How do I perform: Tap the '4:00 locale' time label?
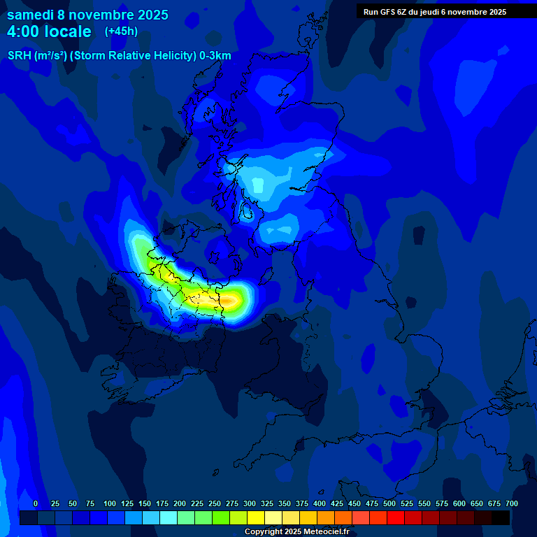pyautogui.click(x=49, y=31)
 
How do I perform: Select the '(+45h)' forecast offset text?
pyautogui.click(x=121, y=31)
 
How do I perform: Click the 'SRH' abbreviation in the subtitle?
pyautogui.click(x=19, y=56)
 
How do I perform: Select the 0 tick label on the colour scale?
pyautogui.click(x=36, y=503)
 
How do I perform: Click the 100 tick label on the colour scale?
pyautogui.click(x=110, y=503)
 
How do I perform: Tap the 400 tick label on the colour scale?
pyautogui.click(x=320, y=503)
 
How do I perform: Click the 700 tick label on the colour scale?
pyautogui.click(x=512, y=503)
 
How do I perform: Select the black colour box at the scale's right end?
pyautogui.click(x=501, y=517)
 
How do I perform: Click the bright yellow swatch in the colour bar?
pyautogui.click(x=256, y=517)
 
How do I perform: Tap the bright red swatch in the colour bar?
pyautogui.click(x=396, y=517)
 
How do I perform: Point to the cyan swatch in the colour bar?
pyautogui.click(x=169, y=517)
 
